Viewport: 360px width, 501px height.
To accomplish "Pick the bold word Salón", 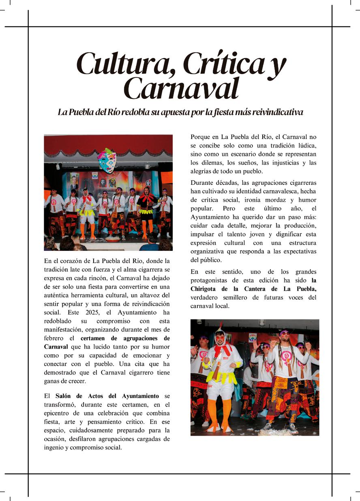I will (x=63, y=396).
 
